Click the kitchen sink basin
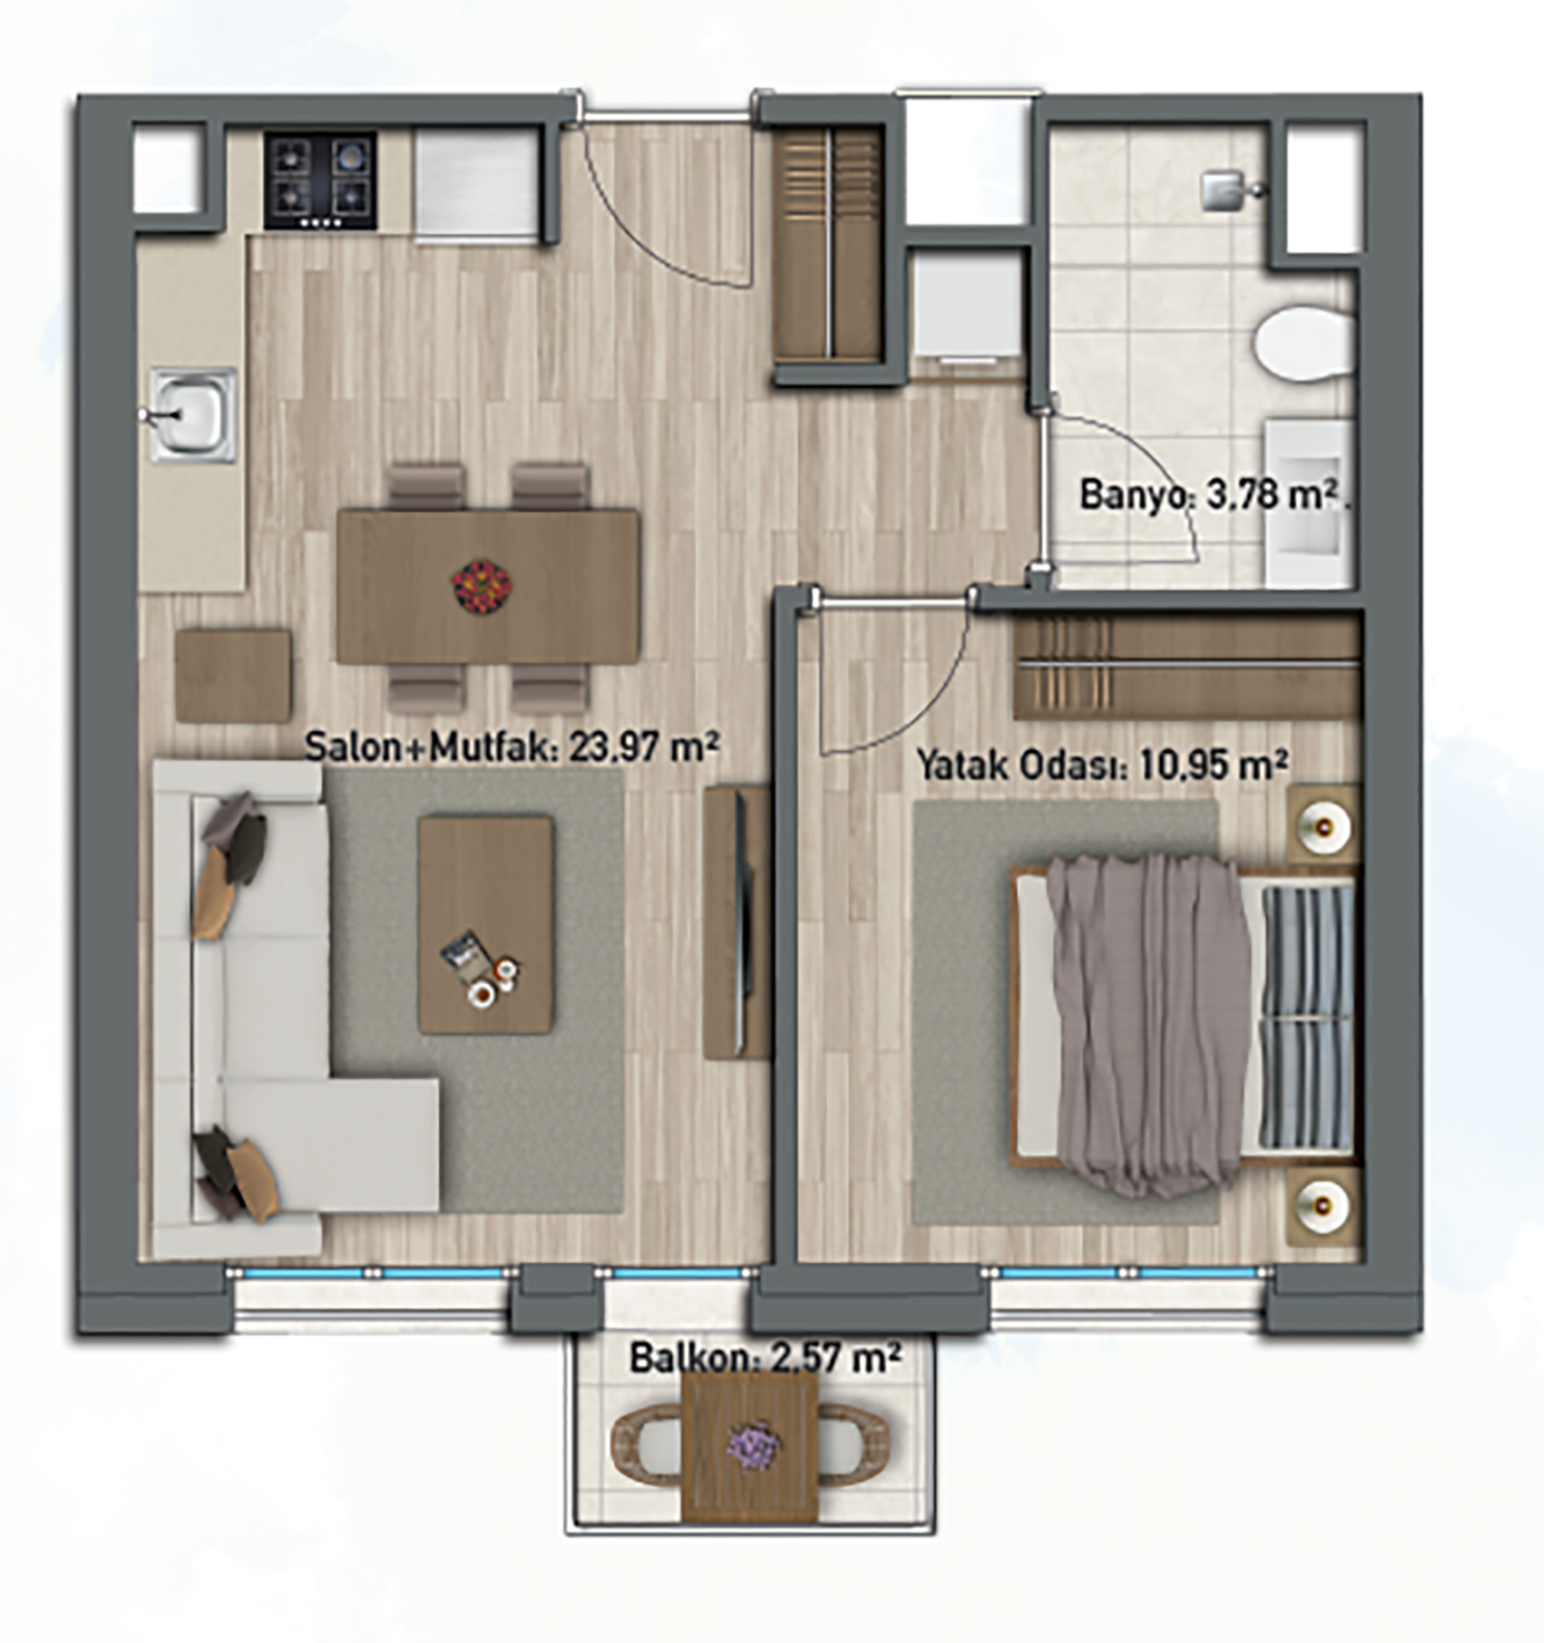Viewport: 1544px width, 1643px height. [193, 415]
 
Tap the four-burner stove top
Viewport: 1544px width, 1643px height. [320, 181]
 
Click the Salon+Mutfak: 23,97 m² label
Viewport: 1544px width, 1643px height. [511, 746]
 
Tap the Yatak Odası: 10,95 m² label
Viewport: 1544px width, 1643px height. [1102, 765]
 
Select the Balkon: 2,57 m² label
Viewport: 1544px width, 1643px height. [765, 1358]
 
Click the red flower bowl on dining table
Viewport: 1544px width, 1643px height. [481, 585]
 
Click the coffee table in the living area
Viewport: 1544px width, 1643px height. [485, 925]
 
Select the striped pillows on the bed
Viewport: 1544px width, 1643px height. [1307, 1018]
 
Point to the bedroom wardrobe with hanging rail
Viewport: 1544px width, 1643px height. [1186, 666]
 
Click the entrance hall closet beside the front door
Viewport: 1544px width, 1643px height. [829, 245]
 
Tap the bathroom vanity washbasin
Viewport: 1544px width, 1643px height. [1307, 502]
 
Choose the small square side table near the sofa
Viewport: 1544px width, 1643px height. [233, 676]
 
